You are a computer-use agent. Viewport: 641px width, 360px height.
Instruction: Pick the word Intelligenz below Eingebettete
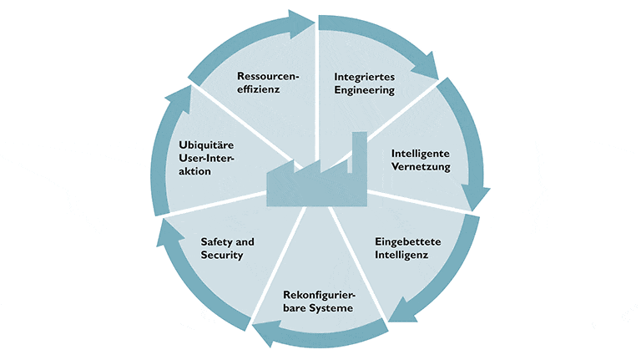pos(400,255)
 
